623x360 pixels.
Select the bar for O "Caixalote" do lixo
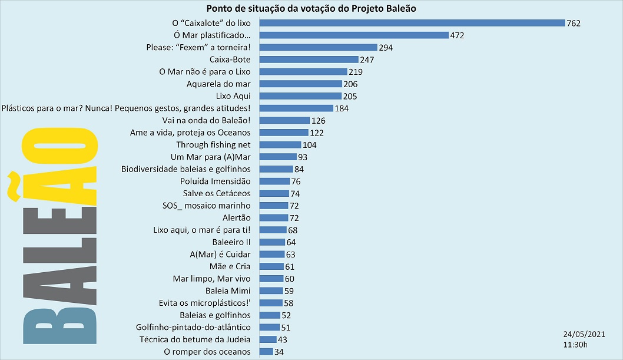(412, 23)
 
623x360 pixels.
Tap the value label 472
(458, 35)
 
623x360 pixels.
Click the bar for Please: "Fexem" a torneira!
(318, 47)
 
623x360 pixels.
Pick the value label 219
(355, 72)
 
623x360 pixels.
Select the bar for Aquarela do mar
(300, 84)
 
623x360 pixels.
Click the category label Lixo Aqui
(233, 96)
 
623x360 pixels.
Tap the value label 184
(342, 108)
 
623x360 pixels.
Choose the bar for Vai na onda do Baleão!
(284, 120)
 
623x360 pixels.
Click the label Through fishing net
(213, 145)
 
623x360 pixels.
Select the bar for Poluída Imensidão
(274, 181)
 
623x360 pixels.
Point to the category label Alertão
(236, 218)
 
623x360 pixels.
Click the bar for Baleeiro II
(272, 242)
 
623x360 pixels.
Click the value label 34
(280, 352)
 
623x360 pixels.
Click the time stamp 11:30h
(575, 344)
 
